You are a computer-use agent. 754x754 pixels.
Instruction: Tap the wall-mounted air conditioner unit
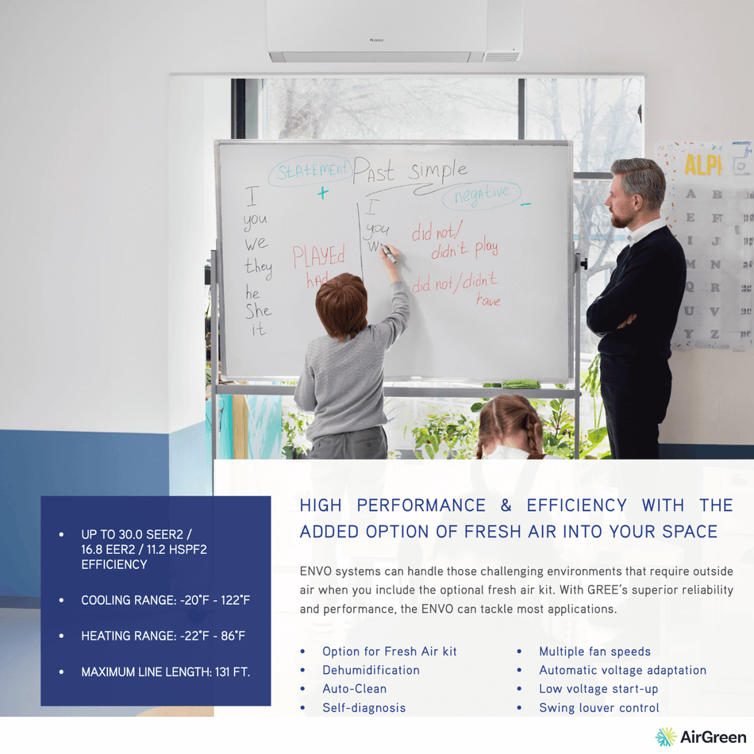(394, 32)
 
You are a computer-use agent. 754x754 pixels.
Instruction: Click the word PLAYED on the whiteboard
(319, 256)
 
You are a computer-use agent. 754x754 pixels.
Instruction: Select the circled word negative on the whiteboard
(482, 194)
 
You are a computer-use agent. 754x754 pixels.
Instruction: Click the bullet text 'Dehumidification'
(371, 670)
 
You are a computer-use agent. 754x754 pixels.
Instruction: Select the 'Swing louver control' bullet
(598, 707)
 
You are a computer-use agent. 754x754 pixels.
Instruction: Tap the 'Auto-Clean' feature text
(354, 689)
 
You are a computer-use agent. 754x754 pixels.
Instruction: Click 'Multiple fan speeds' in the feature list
(594, 652)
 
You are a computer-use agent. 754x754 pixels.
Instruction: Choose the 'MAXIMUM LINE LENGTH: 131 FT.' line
(165, 672)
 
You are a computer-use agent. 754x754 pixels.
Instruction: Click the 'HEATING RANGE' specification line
(163, 636)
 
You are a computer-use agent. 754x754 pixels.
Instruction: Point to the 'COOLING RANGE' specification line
(165, 600)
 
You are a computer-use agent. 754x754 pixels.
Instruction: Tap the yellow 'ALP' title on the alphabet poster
(703, 165)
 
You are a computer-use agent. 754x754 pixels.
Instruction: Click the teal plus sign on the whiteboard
(322, 193)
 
